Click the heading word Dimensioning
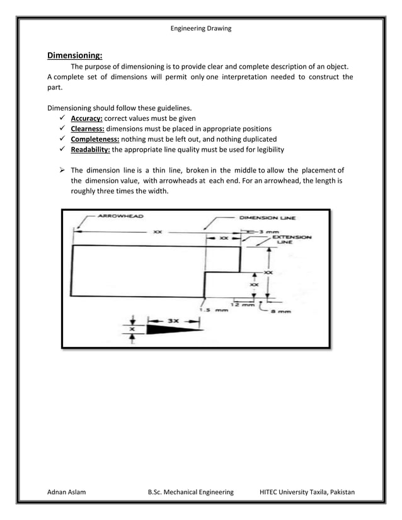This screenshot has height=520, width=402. coord(75,55)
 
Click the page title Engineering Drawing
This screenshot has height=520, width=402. coord(201,28)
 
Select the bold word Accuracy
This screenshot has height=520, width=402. coord(86,118)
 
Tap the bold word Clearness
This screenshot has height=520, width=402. coord(88,128)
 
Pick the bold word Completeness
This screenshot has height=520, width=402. coord(95,138)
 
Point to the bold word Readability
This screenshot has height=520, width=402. coord(91,149)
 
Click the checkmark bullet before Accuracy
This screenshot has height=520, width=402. coord(62,118)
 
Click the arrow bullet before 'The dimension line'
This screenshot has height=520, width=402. coord(62,170)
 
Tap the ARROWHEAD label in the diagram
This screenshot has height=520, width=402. coord(120,216)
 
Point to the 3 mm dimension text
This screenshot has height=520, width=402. coord(265,232)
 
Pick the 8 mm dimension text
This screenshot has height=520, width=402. coord(281,310)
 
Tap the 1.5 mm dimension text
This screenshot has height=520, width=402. coord(213,310)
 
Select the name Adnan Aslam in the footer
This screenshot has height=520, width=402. coord(67,492)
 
